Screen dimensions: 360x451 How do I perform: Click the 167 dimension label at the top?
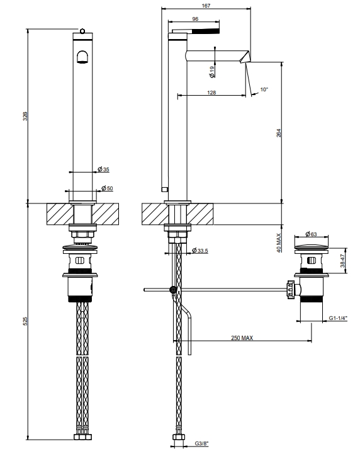pyautogui.click(x=206, y=6)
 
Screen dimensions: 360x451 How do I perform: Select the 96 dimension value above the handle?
pyautogui.click(x=195, y=19)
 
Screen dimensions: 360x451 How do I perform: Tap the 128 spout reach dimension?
pyautogui.click(x=211, y=93)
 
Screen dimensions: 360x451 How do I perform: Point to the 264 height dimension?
pyautogui.click(x=279, y=133)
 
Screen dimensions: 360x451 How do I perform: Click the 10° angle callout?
pyautogui.click(x=264, y=89)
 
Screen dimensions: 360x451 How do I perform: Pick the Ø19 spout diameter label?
pyautogui.click(x=212, y=72)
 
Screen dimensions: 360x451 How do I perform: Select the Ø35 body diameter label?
pyautogui.click(x=103, y=169)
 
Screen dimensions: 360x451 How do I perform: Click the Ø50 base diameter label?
pyautogui.click(x=107, y=188)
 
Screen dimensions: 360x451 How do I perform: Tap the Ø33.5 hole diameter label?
pyautogui.click(x=200, y=251)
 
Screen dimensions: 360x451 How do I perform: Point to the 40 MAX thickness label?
pyautogui.click(x=279, y=243)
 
